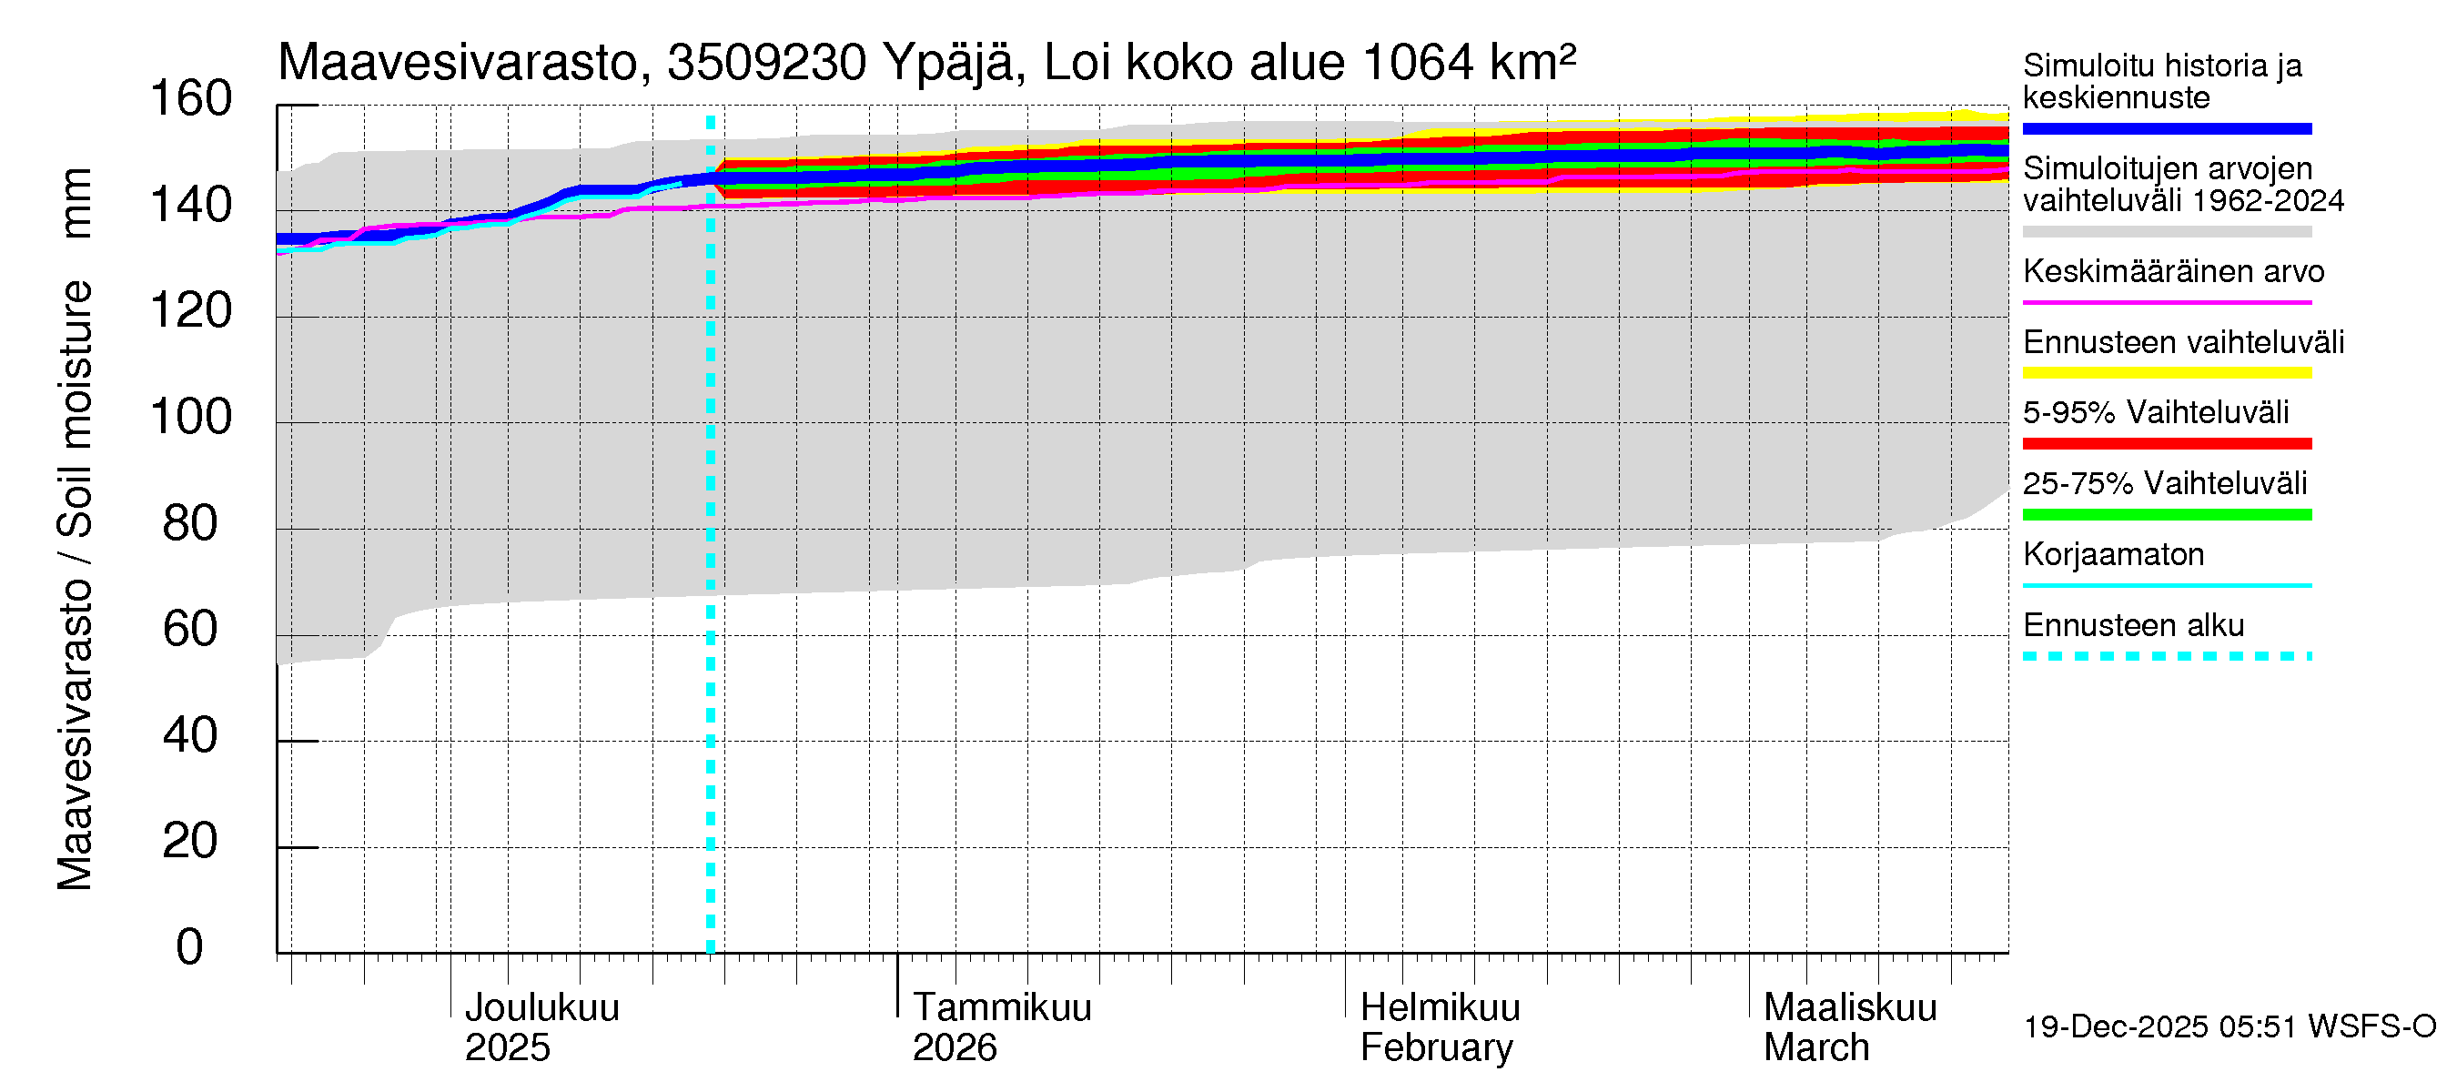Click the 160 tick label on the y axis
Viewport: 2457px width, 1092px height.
[x=191, y=99]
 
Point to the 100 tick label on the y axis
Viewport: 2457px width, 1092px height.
[x=191, y=418]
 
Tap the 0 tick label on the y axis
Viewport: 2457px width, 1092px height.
[x=190, y=947]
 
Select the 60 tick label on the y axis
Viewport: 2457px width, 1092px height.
[x=191, y=630]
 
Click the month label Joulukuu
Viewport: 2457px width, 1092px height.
[x=541, y=1008]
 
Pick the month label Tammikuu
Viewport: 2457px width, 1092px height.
[x=1002, y=1008]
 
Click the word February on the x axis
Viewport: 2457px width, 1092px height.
[x=1435, y=1048]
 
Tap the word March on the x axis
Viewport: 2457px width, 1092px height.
[x=1816, y=1048]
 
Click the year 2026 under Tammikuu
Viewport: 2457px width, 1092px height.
[x=954, y=1048]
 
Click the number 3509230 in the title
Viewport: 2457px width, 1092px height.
[x=766, y=63]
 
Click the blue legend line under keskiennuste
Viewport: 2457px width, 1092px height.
[x=2166, y=128]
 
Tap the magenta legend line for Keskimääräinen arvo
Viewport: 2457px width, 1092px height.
[x=2166, y=302]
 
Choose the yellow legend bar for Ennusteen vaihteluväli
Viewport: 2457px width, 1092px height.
[x=2166, y=373]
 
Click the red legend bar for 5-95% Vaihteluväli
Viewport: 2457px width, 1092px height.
[x=2166, y=443]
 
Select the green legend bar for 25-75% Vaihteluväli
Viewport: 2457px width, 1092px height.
[x=2166, y=515]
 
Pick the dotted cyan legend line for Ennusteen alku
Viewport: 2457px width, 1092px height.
[x=2166, y=656]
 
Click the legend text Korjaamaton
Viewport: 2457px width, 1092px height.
[x=2113, y=555]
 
